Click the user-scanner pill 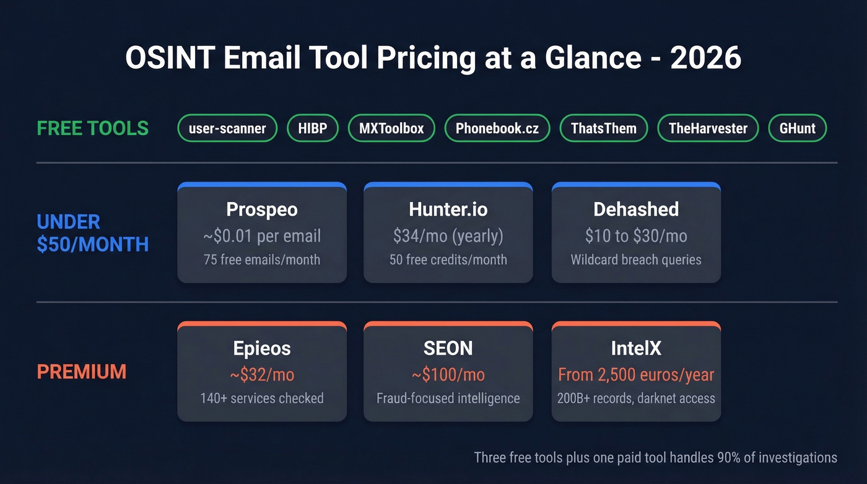[227, 128]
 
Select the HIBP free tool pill [313, 128]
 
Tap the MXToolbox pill [391, 128]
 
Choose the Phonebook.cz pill [497, 128]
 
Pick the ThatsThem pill [603, 128]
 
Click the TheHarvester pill [708, 128]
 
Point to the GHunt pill [798, 128]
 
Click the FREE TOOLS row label [93, 128]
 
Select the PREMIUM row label [82, 372]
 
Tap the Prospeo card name [262, 209]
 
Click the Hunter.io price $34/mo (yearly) [448, 235]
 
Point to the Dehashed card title [636, 209]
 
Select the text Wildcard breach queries [636, 260]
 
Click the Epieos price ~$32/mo [262, 375]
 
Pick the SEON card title [448, 348]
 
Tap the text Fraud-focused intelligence [448, 398]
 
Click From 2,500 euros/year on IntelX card [636, 375]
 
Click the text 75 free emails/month [262, 260]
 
